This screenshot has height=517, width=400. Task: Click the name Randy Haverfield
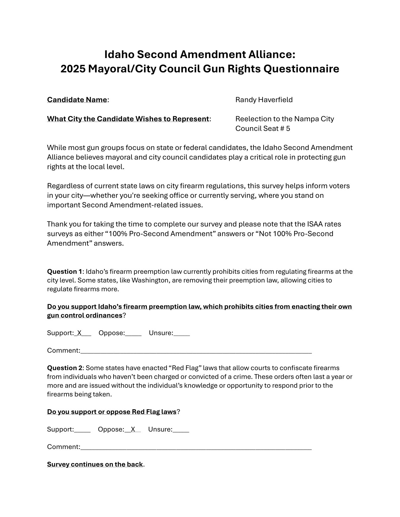[264, 100]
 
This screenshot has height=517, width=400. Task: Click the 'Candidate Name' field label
[77, 100]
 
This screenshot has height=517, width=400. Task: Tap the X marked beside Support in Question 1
[79, 333]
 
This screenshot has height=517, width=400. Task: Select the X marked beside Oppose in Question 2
[133, 430]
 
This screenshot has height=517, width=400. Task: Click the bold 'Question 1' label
[64, 272]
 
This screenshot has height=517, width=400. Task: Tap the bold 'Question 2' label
[65, 368]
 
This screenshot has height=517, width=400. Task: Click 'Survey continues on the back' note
[95, 464]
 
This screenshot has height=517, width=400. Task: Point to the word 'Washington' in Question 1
[149, 280]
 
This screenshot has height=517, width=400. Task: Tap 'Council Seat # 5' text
[263, 129]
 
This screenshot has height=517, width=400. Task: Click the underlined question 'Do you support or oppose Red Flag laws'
[112, 412]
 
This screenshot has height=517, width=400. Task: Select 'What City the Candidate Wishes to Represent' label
[128, 119]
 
